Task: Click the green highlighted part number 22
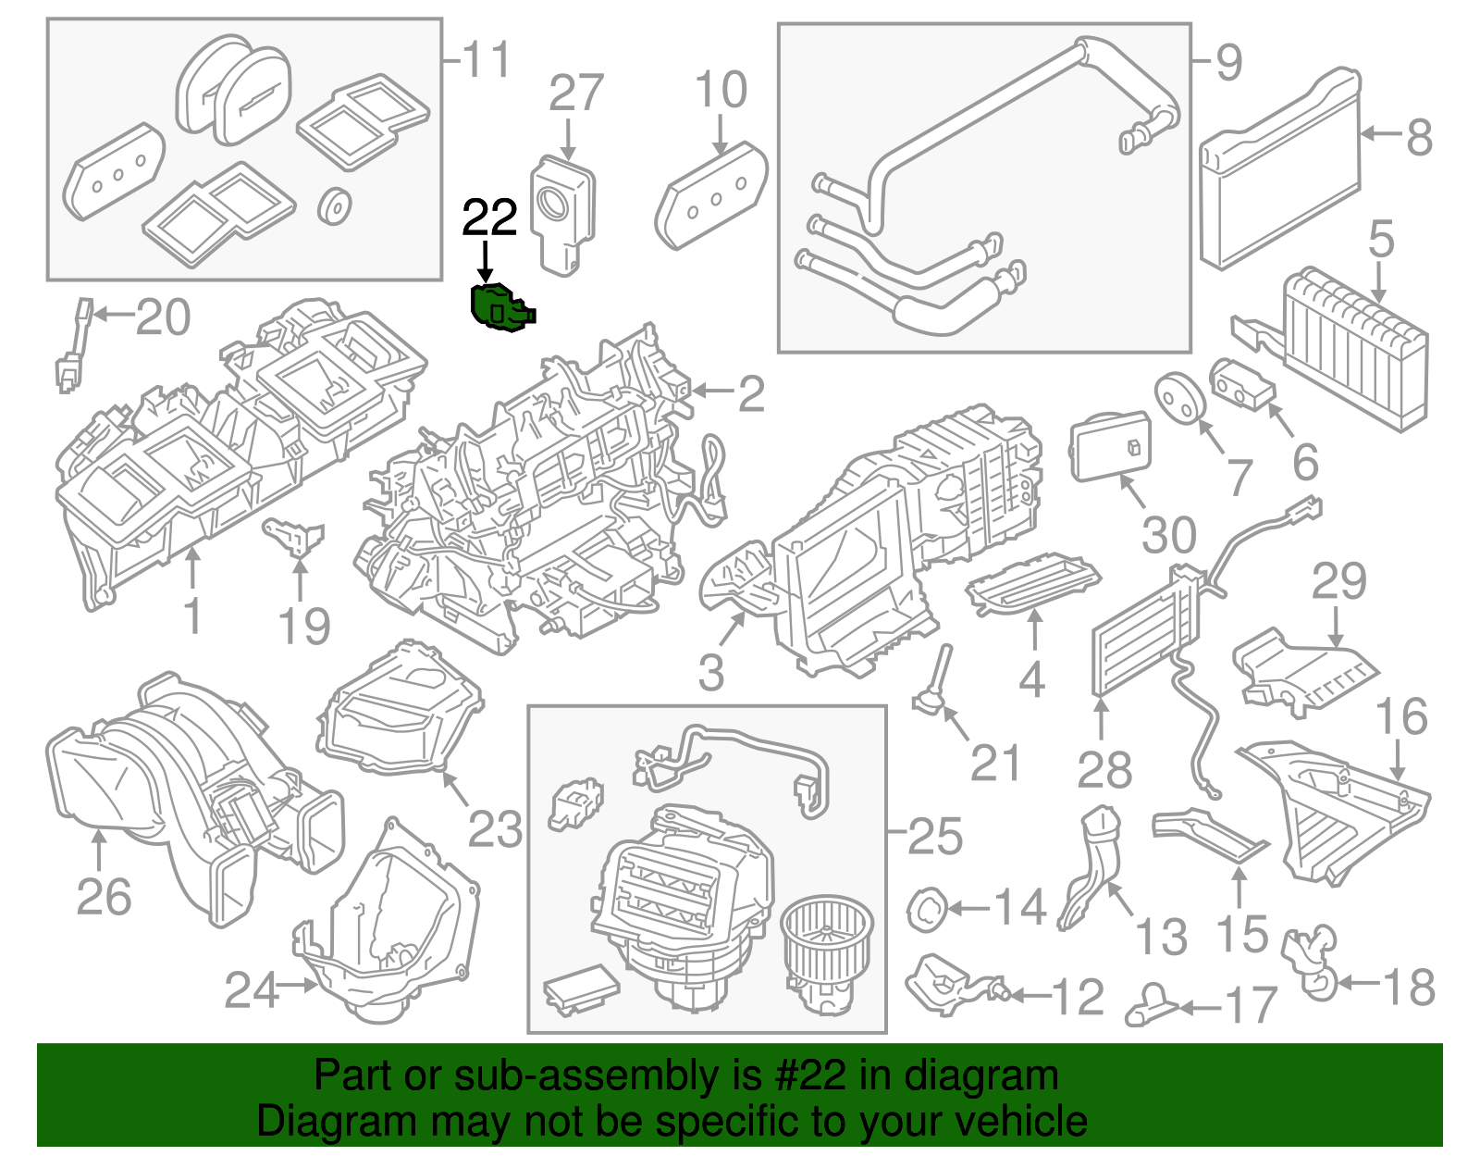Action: point(500,307)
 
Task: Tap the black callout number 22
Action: point(488,218)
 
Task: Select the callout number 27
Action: point(575,93)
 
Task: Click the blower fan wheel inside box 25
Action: point(827,935)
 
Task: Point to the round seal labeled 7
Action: point(1180,397)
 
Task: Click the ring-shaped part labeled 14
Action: point(927,909)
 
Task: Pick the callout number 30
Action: point(1169,536)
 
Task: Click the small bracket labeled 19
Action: point(296,536)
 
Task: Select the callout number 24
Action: point(252,990)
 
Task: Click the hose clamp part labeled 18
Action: point(1310,963)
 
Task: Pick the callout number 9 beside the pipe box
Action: point(1228,63)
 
